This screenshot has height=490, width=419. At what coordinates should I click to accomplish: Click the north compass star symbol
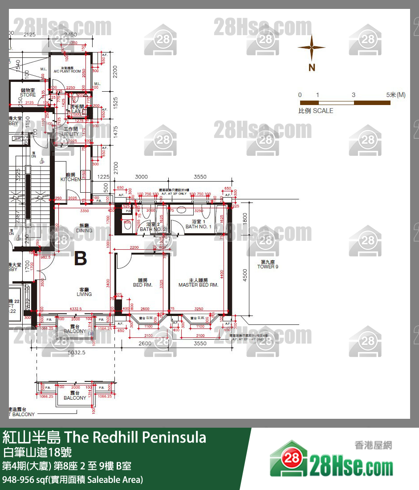(x=312, y=48)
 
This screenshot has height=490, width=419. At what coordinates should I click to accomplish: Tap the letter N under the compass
(x=312, y=67)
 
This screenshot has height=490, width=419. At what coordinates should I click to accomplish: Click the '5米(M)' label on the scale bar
(x=396, y=95)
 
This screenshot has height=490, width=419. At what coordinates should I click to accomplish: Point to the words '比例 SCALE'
(x=316, y=111)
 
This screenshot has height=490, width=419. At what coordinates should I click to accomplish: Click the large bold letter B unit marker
(x=80, y=258)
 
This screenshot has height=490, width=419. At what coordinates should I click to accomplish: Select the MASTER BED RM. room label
(x=198, y=283)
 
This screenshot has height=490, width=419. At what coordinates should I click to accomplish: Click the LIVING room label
(x=84, y=292)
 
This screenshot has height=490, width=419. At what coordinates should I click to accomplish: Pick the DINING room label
(x=84, y=228)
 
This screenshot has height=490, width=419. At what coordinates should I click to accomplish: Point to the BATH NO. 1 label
(x=199, y=224)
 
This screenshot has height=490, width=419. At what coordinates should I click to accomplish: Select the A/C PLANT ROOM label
(x=67, y=70)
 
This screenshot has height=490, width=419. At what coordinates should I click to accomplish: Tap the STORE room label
(x=28, y=93)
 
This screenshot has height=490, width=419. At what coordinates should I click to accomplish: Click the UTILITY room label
(x=70, y=131)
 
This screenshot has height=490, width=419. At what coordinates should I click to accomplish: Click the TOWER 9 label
(x=268, y=264)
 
